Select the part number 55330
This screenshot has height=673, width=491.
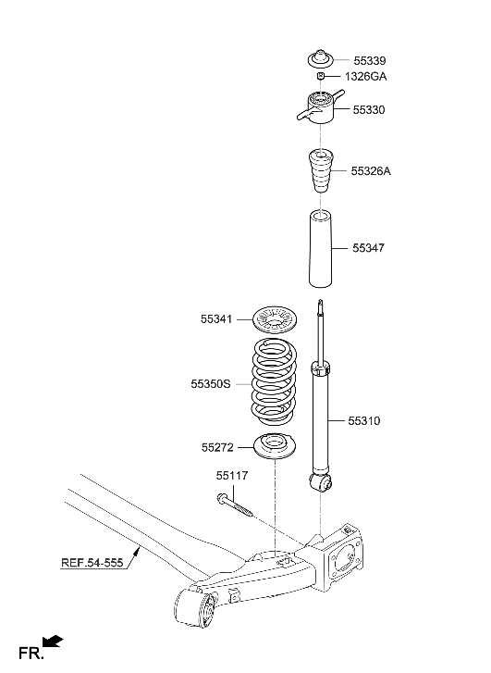pos(370,110)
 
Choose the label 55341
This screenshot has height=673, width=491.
pos(219,320)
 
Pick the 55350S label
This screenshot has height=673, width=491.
pos(211,383)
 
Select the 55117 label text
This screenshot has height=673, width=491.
pos(235,476)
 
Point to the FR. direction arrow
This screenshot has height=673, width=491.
pos(54,641)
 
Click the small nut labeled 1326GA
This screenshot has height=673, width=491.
pos(321,77)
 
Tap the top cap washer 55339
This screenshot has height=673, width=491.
pos(321,58)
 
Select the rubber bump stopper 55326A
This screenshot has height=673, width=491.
pos(321,172)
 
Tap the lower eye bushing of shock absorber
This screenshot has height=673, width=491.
pos(320,481)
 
